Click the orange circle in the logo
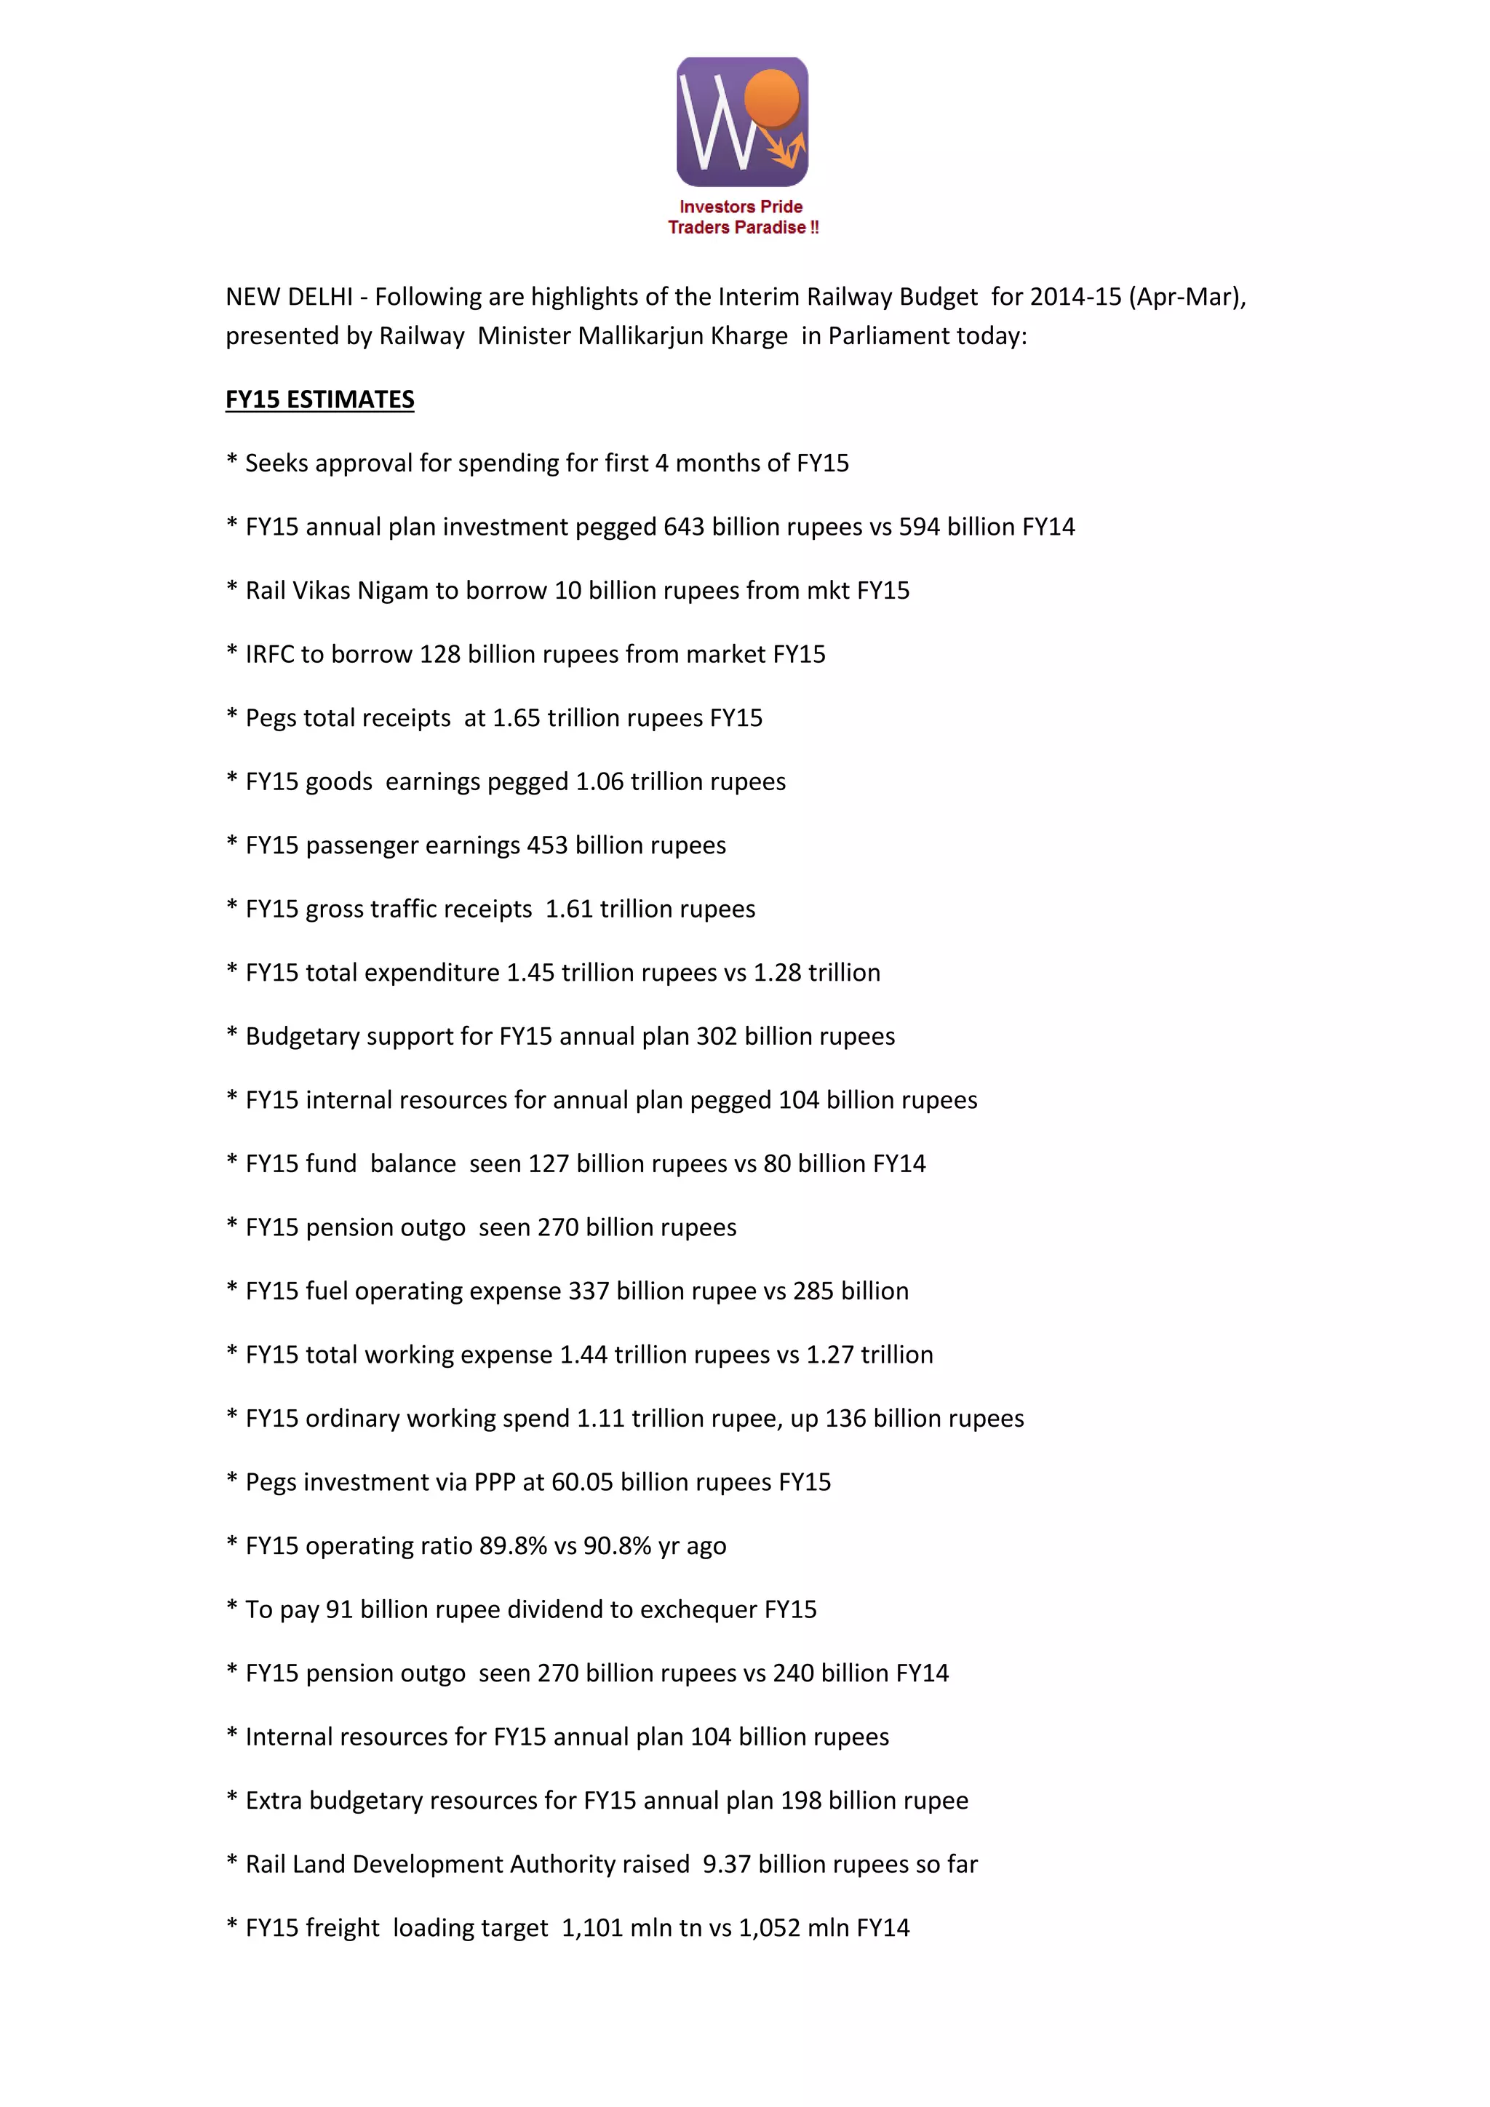[773, 97]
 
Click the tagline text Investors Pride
[741, 207]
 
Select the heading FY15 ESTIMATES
[320, 400]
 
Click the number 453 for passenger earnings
[548, 845]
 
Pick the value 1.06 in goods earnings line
[599, 782]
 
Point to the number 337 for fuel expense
[589, 1291]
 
